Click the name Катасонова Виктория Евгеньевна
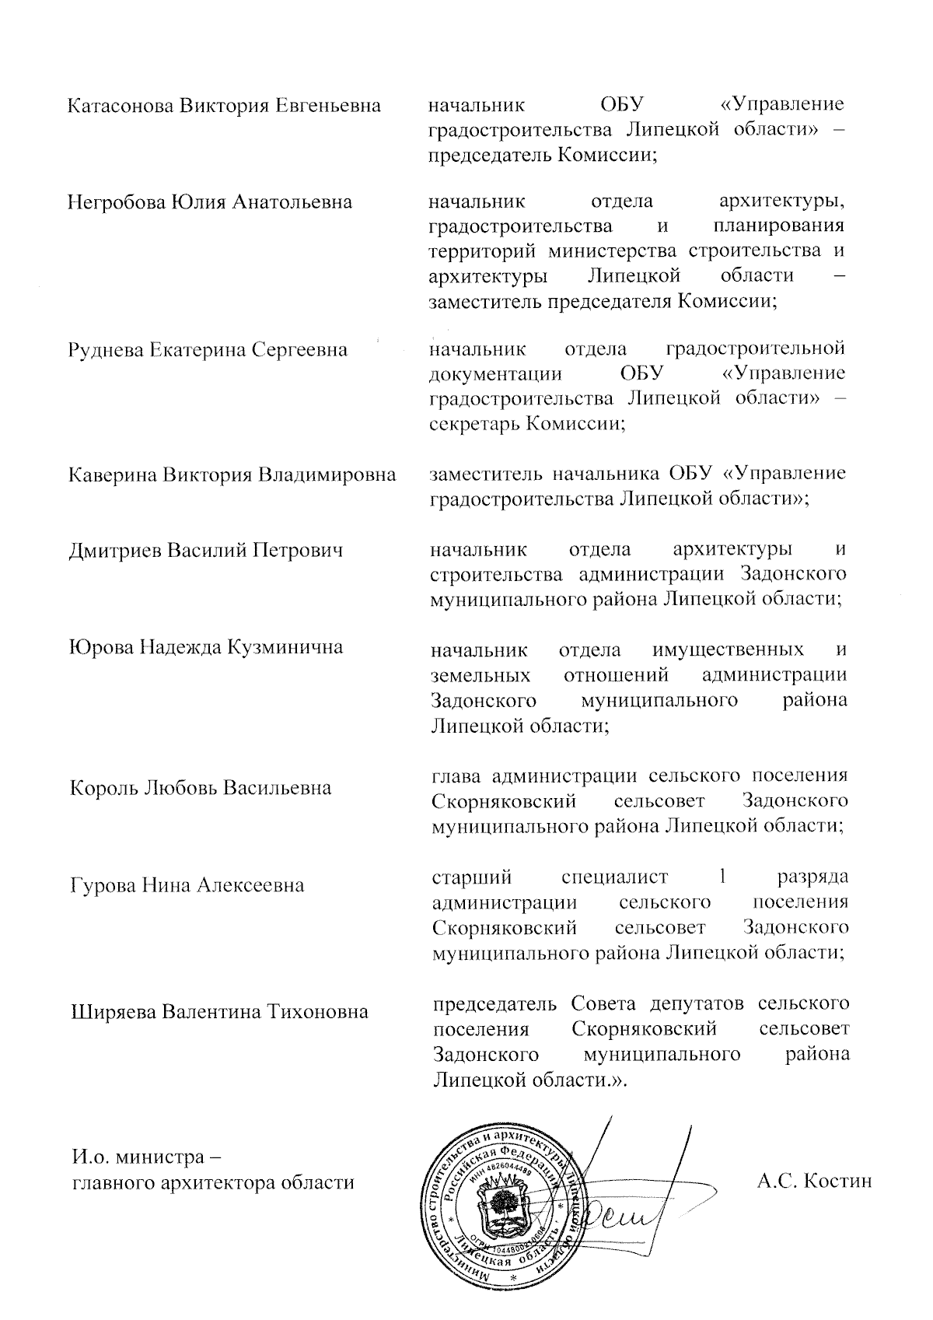click(225, 105)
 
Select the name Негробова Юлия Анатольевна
click(210, 203)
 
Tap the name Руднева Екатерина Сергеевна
click(208, 350)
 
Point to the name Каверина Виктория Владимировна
click(232, 474)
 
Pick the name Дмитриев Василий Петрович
click(206, 551)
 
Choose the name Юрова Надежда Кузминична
click(206, 647)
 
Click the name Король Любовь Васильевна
click(201, 788)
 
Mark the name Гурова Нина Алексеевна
click(187, 885)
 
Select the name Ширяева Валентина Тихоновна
click(219, 1012)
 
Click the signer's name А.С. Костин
click(814, 1181)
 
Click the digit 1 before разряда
click(722, 877)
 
